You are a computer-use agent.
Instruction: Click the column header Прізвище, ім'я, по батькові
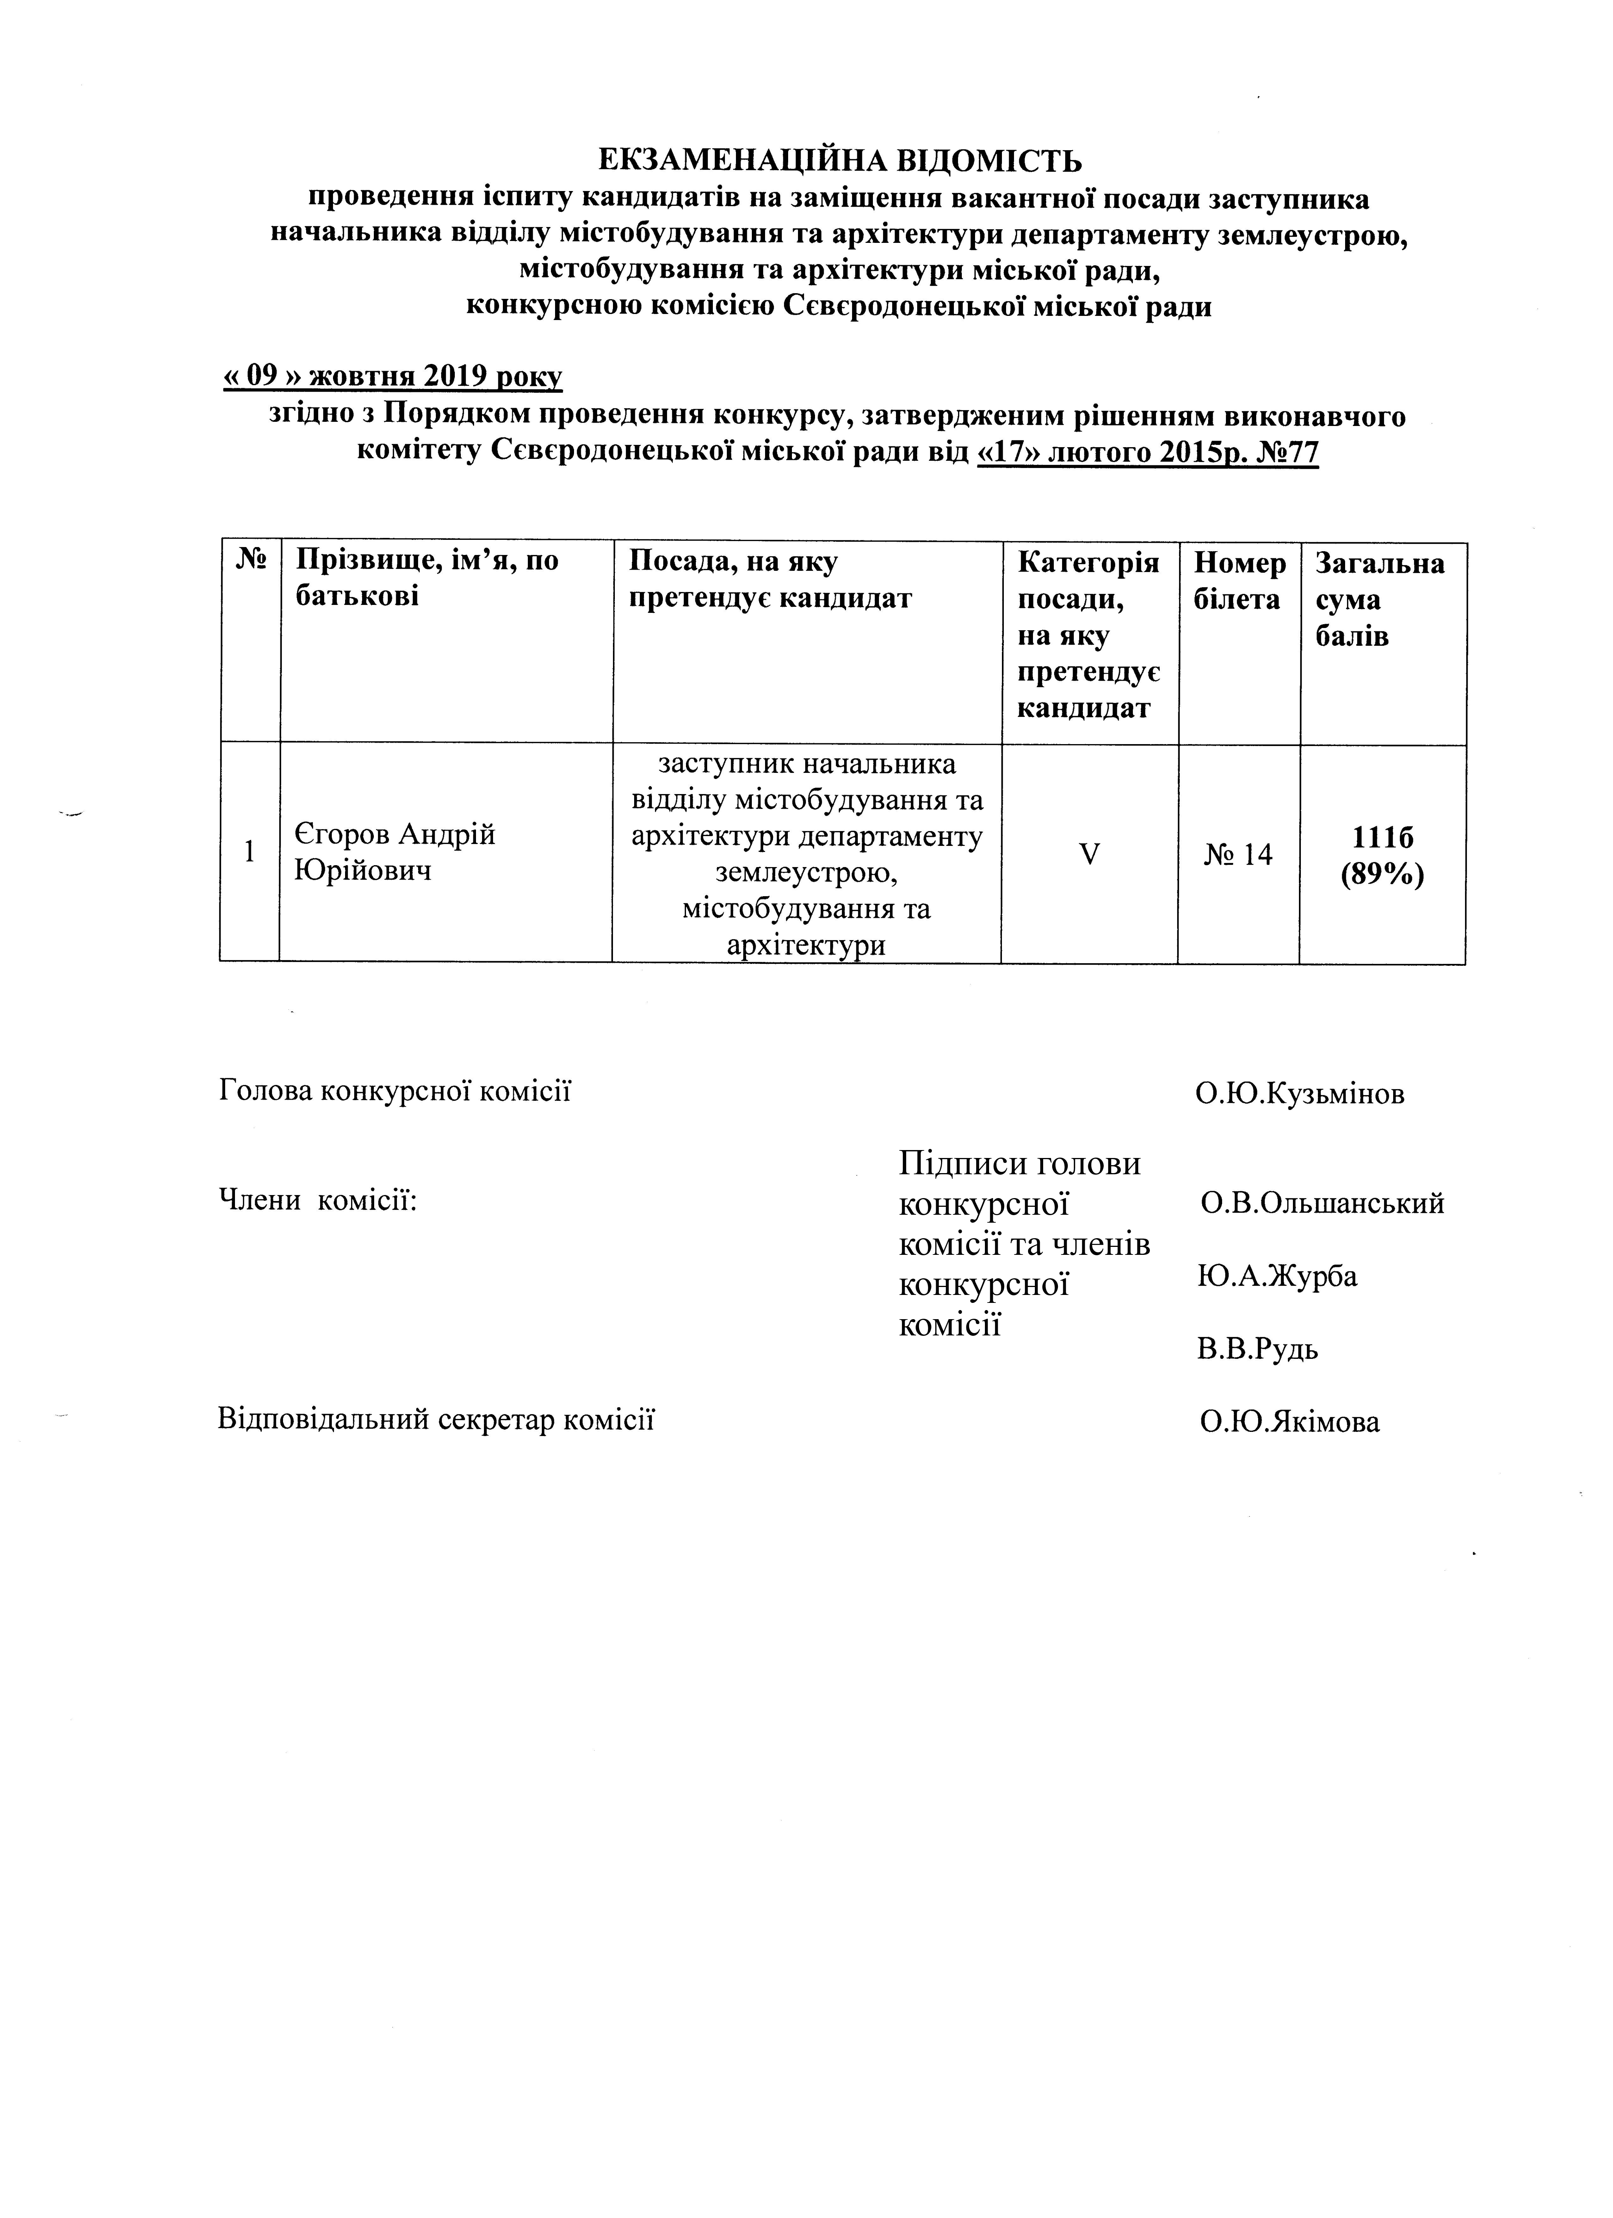(x=428, y=579)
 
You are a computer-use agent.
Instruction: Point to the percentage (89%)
(x=1382, y=874)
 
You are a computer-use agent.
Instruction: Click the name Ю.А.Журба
(x=1277, y=1276)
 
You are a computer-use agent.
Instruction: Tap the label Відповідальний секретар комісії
(x=435, y=1419)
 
